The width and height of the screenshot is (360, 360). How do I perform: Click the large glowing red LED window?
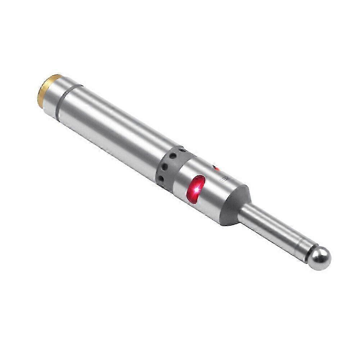(x=195, y=189)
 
